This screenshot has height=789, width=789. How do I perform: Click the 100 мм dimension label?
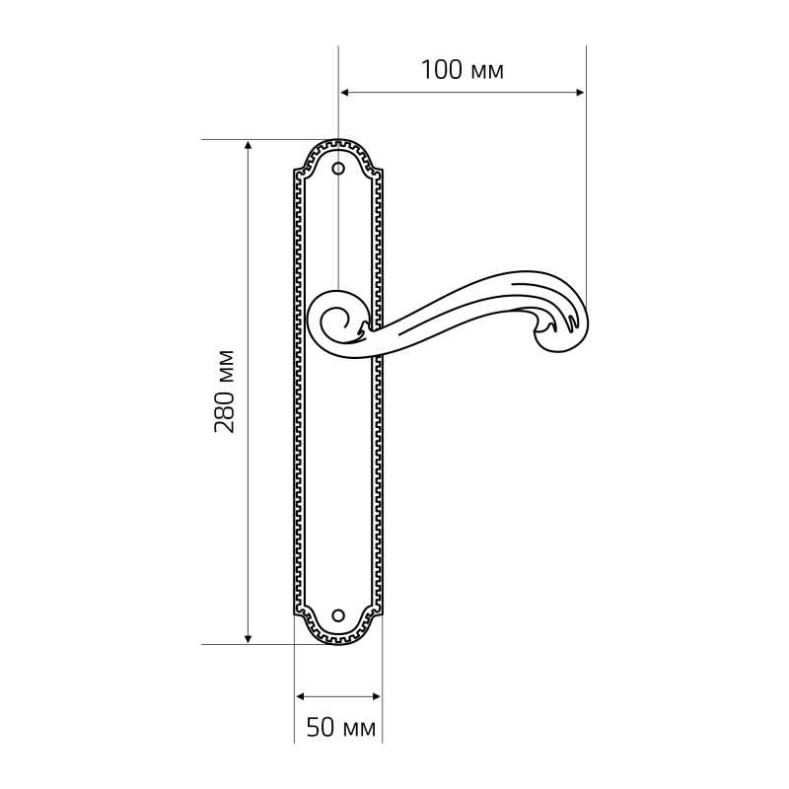[462, 70]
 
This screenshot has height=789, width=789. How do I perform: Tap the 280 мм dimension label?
[224, 391]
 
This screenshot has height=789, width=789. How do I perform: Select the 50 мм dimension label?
[341, 727]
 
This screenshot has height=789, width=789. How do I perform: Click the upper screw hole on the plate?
[338, 168]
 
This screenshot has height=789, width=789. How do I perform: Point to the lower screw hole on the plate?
[338, 614]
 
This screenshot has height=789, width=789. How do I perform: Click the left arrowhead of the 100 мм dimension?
[344, 92]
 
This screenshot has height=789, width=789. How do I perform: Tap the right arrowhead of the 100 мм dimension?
[580, 92]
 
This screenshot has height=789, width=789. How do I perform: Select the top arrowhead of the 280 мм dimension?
[248, 145]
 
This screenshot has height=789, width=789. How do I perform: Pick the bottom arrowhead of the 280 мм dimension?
[248, 639]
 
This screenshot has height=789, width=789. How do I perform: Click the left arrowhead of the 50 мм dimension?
[301, 696]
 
